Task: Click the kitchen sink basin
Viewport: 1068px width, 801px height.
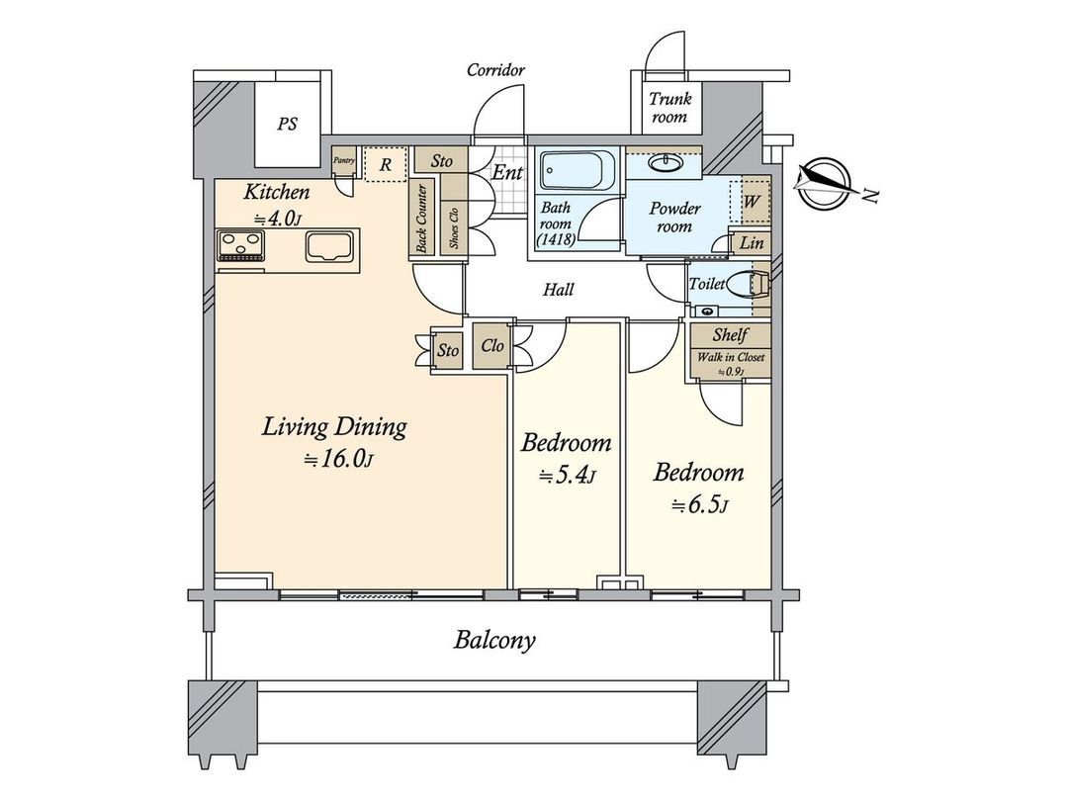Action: pos(329,246)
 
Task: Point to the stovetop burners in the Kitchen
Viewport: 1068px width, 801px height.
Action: pos(241,244)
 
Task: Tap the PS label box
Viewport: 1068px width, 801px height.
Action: pos(288,125)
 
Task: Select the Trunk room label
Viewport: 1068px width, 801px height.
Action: pos(668,108)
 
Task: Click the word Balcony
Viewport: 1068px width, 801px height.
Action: pos(494,640)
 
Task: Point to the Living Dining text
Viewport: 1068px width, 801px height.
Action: pos(334,427)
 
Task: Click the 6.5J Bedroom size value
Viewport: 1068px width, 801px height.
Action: pos(699,505)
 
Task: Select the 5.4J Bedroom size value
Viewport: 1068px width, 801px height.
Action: pos(567,477)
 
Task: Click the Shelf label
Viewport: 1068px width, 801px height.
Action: pos(730,335)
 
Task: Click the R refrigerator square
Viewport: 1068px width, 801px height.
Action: pos(387,164)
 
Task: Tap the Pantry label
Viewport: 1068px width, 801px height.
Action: pos(344,160)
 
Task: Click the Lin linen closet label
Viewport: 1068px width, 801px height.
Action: pos(752,242)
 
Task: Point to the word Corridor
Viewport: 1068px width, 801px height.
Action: pos(495,70)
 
